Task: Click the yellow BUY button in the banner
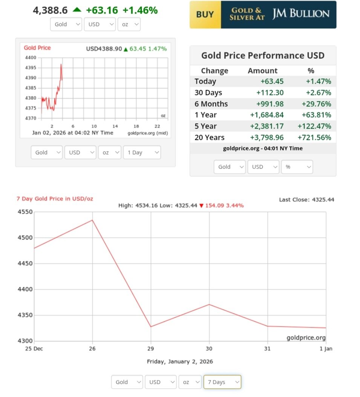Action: tap(205, 15)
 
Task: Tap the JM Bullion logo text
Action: tap(300, 14)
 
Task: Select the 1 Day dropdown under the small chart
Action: tap(142, 153)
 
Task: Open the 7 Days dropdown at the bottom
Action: tap(222, 382)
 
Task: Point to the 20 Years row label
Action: tap(209, 138)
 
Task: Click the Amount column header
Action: tap(262, 71)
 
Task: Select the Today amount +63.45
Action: tap(272, 81)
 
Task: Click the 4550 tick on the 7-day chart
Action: tap(25, 212)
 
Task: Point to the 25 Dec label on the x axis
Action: tap(34, 349)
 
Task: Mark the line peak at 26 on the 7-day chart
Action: tap(92, 220)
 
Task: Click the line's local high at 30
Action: tap(209, 304)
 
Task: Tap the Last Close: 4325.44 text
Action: tap(306, 199)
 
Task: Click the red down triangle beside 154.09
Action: tap(201, 205)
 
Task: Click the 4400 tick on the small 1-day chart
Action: tap(31, 58)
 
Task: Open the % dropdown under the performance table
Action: tap(297, 167)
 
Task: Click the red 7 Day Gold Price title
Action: tap(55, 198)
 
